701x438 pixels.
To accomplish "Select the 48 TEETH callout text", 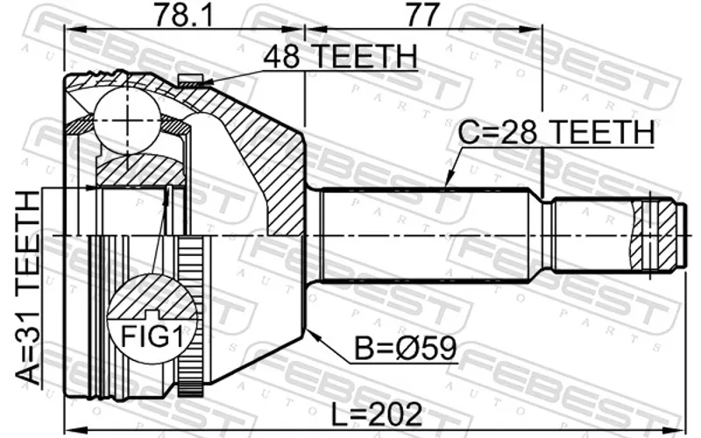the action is (x=340, y=56).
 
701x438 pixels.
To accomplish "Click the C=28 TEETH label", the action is (x=556, y=132).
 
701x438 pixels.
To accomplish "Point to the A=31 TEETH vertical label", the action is (x=28, y=287).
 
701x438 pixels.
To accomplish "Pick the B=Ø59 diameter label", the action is (x=406, y=348).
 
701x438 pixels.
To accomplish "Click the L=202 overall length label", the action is (x=377, y=413).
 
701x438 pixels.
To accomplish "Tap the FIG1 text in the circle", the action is (x=152, y=336).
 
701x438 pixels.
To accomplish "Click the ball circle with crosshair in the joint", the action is (x=127, y=121).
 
